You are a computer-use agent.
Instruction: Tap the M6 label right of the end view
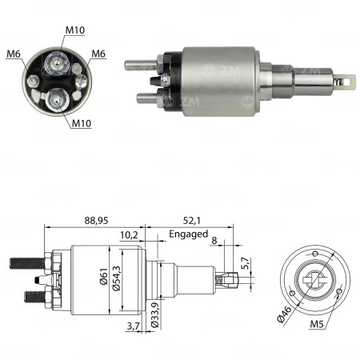pos(98,54)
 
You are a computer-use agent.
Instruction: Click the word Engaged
pos(188,234)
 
